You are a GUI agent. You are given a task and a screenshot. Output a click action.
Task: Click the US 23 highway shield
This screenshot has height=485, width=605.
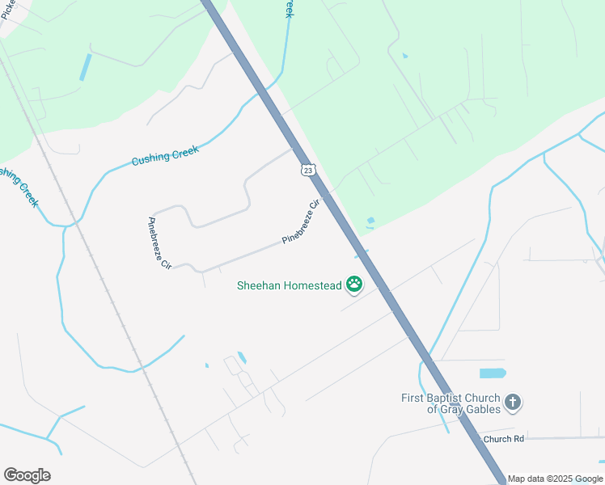tap(307, 170)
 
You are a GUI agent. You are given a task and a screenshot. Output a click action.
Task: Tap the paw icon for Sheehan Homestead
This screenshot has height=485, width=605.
tap(354, 285)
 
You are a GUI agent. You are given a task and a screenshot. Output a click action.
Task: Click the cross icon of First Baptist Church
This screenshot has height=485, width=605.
tap(512, 402)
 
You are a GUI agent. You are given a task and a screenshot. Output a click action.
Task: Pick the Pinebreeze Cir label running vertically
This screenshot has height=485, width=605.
tap(159, 243)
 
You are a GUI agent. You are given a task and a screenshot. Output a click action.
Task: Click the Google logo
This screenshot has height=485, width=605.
tap(27, 475)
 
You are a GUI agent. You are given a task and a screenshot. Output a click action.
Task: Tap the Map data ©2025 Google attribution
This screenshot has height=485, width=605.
tap(556, 479)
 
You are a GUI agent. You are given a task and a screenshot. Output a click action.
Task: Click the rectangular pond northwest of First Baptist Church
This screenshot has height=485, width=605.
tap(492, 373)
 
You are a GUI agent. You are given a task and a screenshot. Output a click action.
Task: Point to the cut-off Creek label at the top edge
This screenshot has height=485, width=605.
tap(287, 8)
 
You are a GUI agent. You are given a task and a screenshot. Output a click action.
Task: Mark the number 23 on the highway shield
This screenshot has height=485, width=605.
tap(307, 171)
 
